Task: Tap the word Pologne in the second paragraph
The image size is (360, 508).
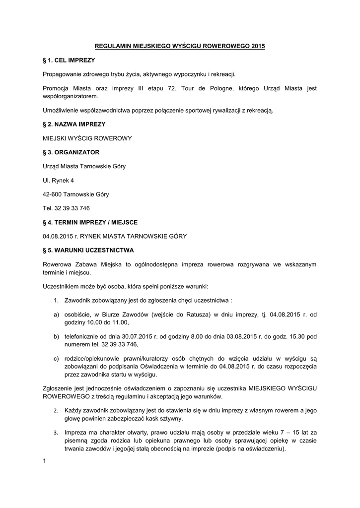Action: coord(209,88)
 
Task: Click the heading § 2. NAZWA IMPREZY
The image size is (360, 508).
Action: coord(74,124)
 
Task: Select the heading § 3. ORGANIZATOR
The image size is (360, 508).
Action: coord(72,152)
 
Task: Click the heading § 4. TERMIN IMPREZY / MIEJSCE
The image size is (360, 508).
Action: coord(90,222)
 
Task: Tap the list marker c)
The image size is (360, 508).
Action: coord(57,358)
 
